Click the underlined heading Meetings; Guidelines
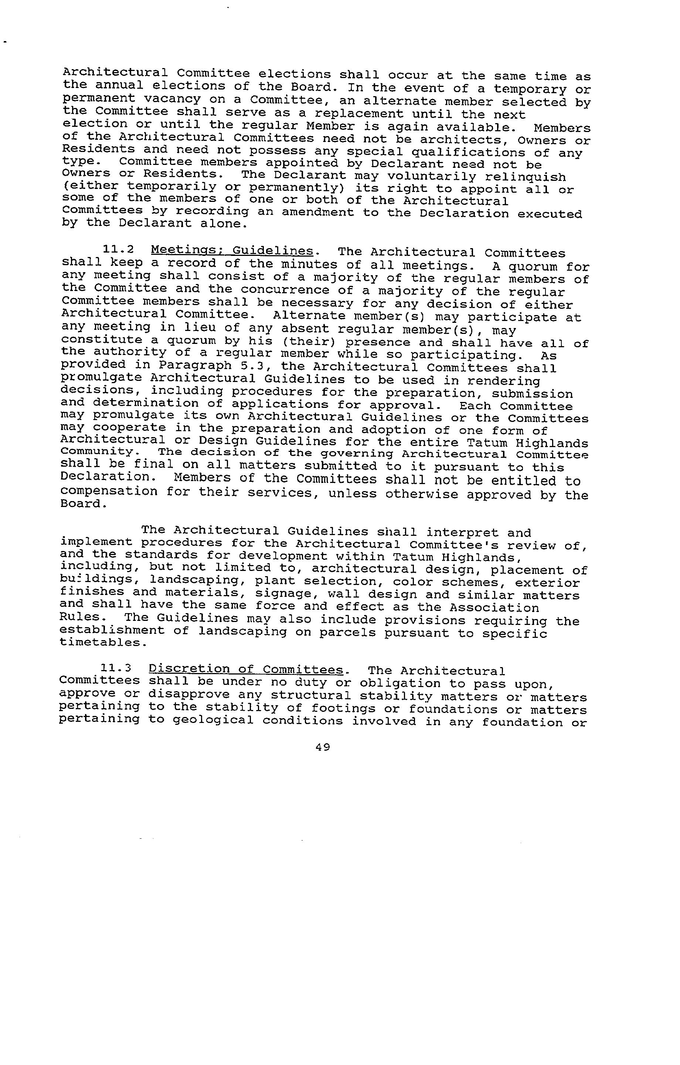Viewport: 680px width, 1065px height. coord(232,251)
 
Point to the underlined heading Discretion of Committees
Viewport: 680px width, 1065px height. coord(246,669)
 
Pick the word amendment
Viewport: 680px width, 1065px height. coord(317,212)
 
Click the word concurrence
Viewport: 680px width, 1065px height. coord(285,290)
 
